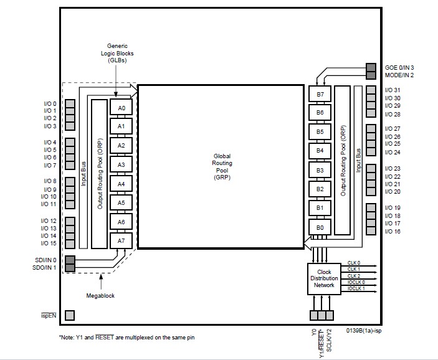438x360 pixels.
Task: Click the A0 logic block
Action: tap(121, 107)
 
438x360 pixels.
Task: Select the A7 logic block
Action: tap(121, 240)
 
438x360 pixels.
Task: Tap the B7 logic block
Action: tap(320, 94)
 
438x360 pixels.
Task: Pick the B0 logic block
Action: tap(320, 227)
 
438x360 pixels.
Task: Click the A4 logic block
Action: tap(121, 184)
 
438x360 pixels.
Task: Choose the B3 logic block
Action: tap(320, 170)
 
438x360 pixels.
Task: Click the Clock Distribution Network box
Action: tap(324, 279)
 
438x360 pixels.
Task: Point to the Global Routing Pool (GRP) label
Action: tap(222, 167)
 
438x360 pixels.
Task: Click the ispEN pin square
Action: tap(70, 315)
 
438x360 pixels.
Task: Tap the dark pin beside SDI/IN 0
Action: tap(70, 260)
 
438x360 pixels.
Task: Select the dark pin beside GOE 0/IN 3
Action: tap(371, 67)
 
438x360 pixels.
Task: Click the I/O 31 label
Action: tap(393, 90)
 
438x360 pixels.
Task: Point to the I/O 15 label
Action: tap(49, 244)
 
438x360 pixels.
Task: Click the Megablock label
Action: tap(100, 295)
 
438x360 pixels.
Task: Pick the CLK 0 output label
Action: tap(354, 263)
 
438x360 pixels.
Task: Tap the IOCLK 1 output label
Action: tap(356, 288)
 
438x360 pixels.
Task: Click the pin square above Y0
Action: tap(314, 315)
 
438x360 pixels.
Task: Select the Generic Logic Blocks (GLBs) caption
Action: tap(117, 53)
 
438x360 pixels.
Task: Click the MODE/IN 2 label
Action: tap(399, 75)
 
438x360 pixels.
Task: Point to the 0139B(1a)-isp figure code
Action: tap(364, 330)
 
